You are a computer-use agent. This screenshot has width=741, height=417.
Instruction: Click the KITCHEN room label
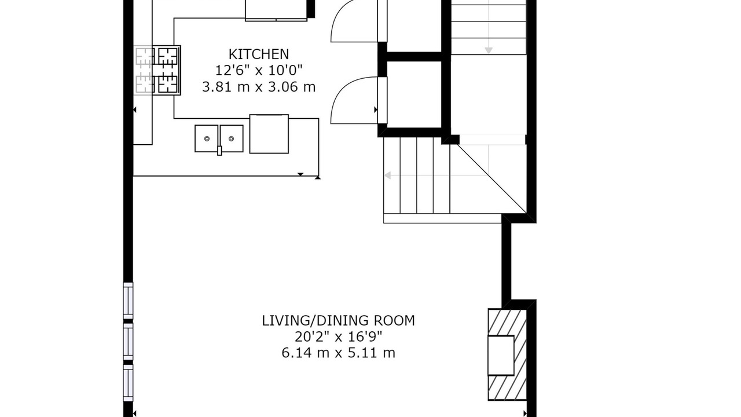259,54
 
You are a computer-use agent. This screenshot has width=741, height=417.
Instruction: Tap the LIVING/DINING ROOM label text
339,321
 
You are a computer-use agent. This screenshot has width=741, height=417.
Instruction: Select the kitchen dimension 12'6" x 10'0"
259,70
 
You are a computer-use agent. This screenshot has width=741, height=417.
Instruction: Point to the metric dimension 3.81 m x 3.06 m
259,87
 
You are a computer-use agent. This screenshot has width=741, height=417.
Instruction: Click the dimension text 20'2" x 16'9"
339,337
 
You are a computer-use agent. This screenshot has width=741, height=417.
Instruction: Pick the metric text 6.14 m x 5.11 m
339,353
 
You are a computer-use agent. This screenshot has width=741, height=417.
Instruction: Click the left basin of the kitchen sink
207,138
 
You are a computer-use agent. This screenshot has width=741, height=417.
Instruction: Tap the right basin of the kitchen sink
232,138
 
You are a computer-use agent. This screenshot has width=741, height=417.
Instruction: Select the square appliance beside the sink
269,134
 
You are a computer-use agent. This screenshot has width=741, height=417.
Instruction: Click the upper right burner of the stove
168,56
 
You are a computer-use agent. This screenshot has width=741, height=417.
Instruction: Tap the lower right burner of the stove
168,84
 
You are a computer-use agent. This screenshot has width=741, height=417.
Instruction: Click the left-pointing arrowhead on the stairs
388,175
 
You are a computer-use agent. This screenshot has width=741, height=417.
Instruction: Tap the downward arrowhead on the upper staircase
489,50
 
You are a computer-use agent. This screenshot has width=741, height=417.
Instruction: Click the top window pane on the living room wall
129,301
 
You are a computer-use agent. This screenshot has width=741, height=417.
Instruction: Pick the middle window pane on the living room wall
129,342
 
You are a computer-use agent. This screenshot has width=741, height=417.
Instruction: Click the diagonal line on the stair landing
492,178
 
